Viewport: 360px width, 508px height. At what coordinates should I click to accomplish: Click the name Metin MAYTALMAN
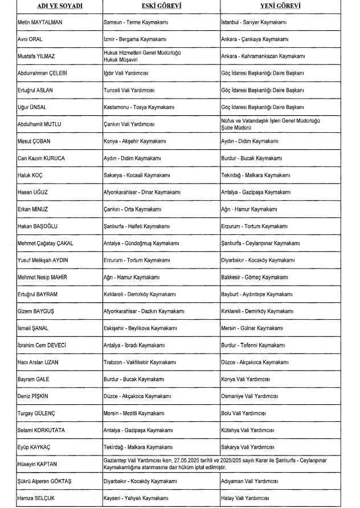[x=40, y=22]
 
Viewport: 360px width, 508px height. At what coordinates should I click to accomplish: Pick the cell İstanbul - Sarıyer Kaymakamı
[x=254, y=22]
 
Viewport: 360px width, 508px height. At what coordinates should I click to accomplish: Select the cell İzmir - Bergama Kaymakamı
[x=134, y=39]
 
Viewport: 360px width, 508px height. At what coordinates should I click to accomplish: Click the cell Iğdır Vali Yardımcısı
[x=129, y=73]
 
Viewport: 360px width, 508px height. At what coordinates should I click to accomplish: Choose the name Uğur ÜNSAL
[x=32, y=107]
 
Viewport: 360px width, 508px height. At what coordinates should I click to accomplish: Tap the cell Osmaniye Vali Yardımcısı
[x=249, y=396]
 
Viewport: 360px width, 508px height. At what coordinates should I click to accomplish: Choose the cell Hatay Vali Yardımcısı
[x=244, y=498]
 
